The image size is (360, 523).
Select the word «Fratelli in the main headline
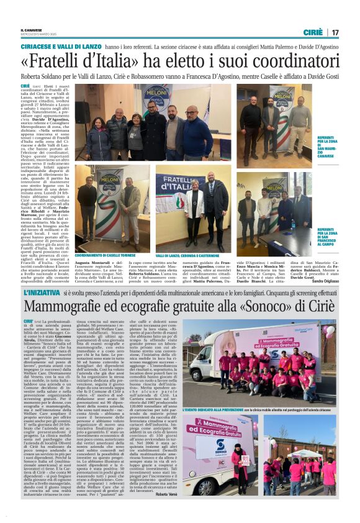pos(56,62)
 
